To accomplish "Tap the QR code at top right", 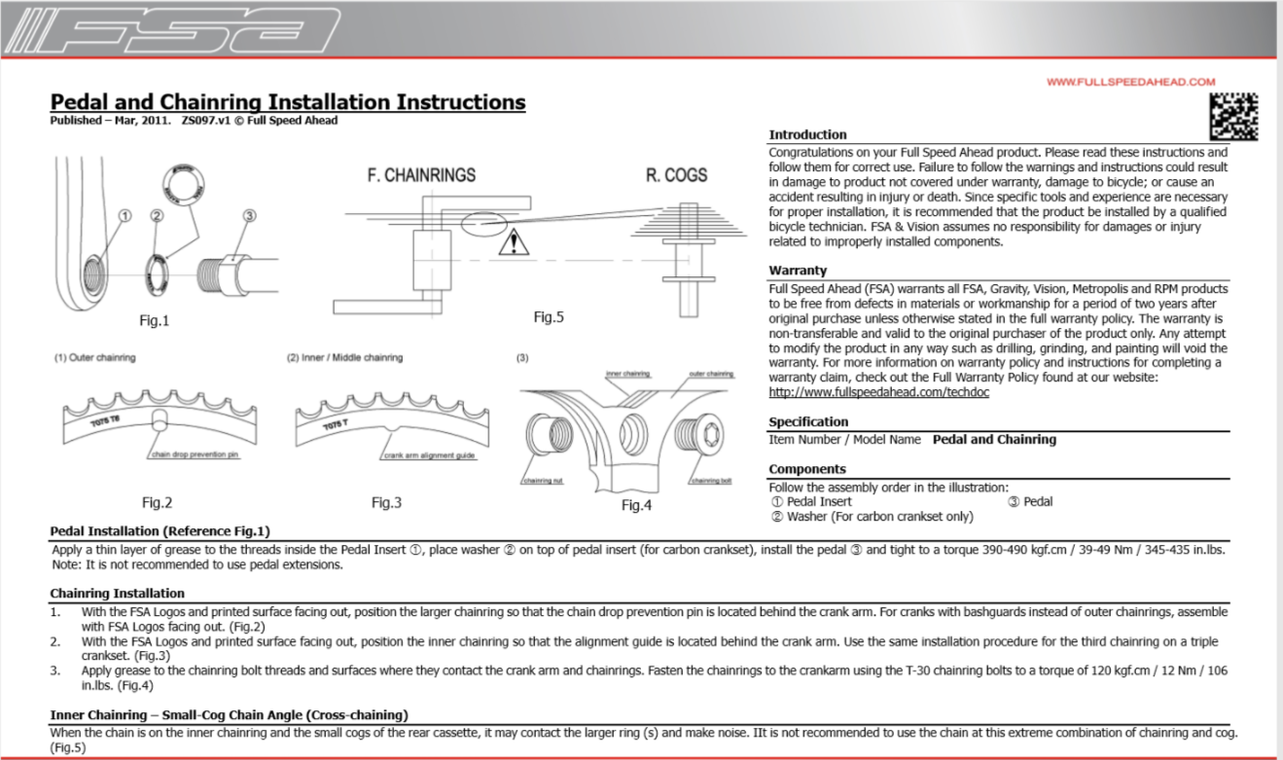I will [x=1233, y=118].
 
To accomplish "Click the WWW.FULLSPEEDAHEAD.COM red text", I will [x=1131, y=82].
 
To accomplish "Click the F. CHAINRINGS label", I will [x=421, y=176].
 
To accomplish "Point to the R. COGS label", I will [x=676, y=176].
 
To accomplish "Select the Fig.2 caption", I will [x=157, y=502].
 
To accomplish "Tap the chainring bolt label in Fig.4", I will [x=711, y=481].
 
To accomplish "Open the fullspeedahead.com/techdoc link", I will [x=873, y=392].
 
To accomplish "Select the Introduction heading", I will [x=807, y=134].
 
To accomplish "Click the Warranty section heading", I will [x=798, y=271].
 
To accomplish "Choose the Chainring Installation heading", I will [x=117, y=593].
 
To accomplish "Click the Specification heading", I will [x=808, y=421].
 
